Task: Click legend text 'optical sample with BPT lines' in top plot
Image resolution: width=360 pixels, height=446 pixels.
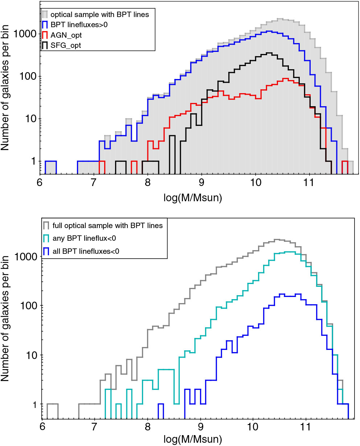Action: [99, 15]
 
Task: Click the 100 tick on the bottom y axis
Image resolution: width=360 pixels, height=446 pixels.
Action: [28, 306]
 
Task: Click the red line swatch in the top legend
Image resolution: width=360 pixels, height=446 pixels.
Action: [45, 35]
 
